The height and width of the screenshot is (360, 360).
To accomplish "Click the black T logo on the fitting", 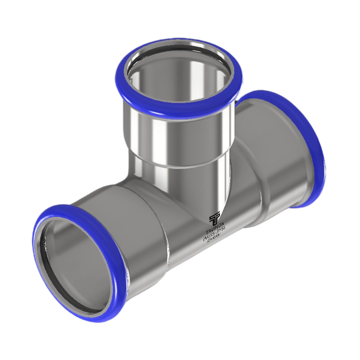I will (x=214, y=218).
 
